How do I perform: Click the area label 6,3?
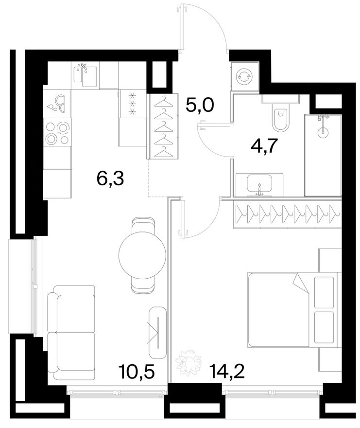(x=110, y=179)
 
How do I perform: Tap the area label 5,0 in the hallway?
(x=200, y=105)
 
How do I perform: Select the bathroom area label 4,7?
(x=264, y=146)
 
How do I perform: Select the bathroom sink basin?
(x=259, y=183)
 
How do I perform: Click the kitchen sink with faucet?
(x=85, y=75)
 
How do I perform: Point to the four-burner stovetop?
(x=57, y=133)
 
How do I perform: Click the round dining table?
(x=142, y=255)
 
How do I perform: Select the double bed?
(x=294, y=309)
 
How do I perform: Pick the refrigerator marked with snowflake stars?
(x=133, y=104)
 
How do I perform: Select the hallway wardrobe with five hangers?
(x=164, y=126)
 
